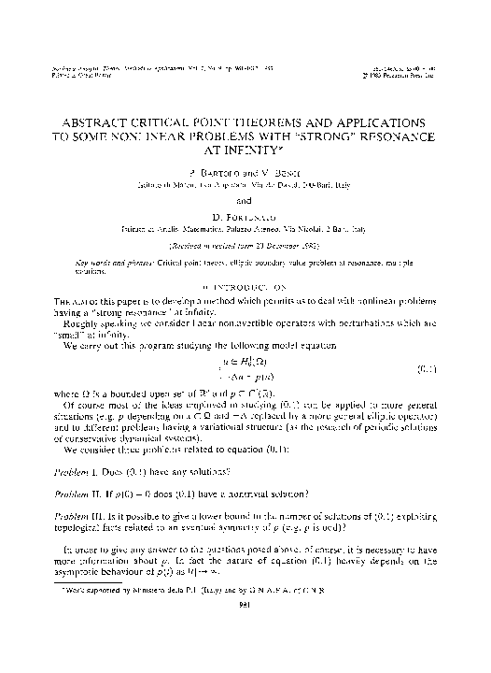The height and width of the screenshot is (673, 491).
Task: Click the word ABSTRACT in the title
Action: [x=99, y=122]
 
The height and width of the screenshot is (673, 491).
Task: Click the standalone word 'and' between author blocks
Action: [x=245, y=199]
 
